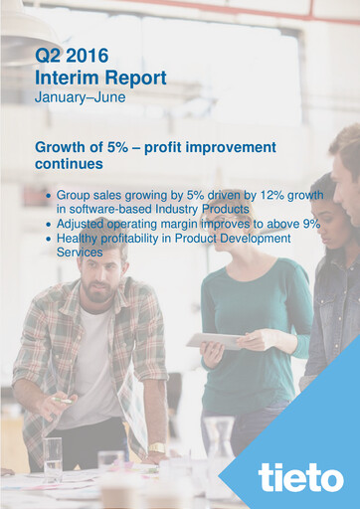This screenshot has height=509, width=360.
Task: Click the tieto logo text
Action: click(300, 477)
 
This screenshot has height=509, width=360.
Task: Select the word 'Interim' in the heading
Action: click(62, 78)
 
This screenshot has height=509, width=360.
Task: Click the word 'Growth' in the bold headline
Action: click(62, 147)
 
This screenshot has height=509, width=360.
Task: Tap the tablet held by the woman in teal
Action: click(214, 340)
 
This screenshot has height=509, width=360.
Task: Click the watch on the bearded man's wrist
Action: click(157, 448)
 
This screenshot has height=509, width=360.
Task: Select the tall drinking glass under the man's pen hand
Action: click(52, 460)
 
